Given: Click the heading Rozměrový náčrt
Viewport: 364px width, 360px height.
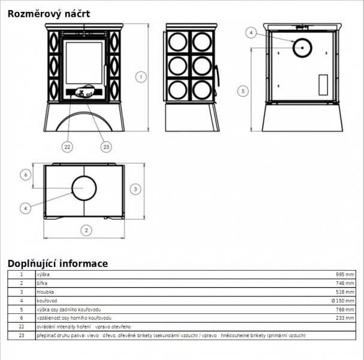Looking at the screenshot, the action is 49,14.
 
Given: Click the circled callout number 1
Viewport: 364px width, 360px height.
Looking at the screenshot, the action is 141,77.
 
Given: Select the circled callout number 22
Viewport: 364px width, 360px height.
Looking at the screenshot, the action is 67,147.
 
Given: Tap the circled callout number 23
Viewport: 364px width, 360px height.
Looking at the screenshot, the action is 106,147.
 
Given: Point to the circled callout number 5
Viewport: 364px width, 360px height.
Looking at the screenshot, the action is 243,91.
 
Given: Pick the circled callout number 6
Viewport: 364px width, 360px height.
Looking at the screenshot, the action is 26,175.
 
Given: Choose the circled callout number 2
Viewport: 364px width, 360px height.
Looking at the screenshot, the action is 86,230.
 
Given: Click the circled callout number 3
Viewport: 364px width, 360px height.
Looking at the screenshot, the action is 136,189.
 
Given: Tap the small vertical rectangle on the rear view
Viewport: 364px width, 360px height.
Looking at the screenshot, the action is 323,85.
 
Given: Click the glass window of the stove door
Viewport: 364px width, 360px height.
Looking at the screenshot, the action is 84,63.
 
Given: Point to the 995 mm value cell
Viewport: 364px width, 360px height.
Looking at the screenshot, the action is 345,275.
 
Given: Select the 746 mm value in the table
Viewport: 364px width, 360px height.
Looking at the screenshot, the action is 345,283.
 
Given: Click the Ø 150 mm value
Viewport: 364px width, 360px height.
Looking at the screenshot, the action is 343,301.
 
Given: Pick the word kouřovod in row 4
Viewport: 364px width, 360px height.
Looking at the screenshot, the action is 47,301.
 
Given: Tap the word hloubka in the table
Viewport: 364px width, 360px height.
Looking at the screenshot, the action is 45,292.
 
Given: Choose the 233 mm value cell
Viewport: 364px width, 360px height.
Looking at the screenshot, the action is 345,318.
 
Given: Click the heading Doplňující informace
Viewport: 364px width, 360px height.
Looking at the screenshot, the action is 58,263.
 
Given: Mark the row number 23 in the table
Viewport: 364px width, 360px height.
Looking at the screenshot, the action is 22,335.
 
